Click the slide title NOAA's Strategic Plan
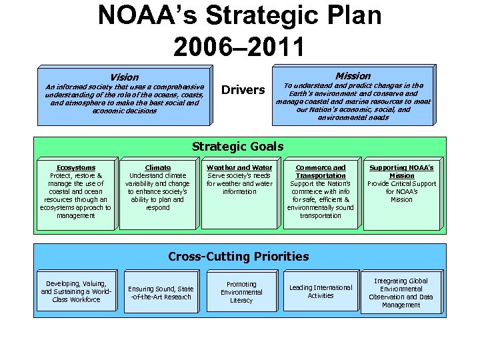(x=240, y=16)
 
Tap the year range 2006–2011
(x=239, y=46)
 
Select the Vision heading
(x=125, y=77)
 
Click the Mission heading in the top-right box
(x=353, y=76)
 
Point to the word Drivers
(x=243, y=90)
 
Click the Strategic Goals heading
(x=237, y=147)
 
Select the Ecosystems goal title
(x=76, y=168)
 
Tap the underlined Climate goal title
(x=157, y=168)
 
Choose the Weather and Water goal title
(x=239, y=168)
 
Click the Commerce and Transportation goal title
(x=321, y=172)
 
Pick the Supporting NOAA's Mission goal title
(x=401, y=172)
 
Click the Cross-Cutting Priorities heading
(x=239, y=257)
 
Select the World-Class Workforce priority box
(x=76, y=292)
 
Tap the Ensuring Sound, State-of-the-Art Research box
(x=161, y=293)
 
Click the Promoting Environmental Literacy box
(x=241, y=293)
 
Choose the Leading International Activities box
(x=321, y=291)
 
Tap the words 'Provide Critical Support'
(x=401, y=184)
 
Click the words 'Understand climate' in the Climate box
(x=157, y=176)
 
